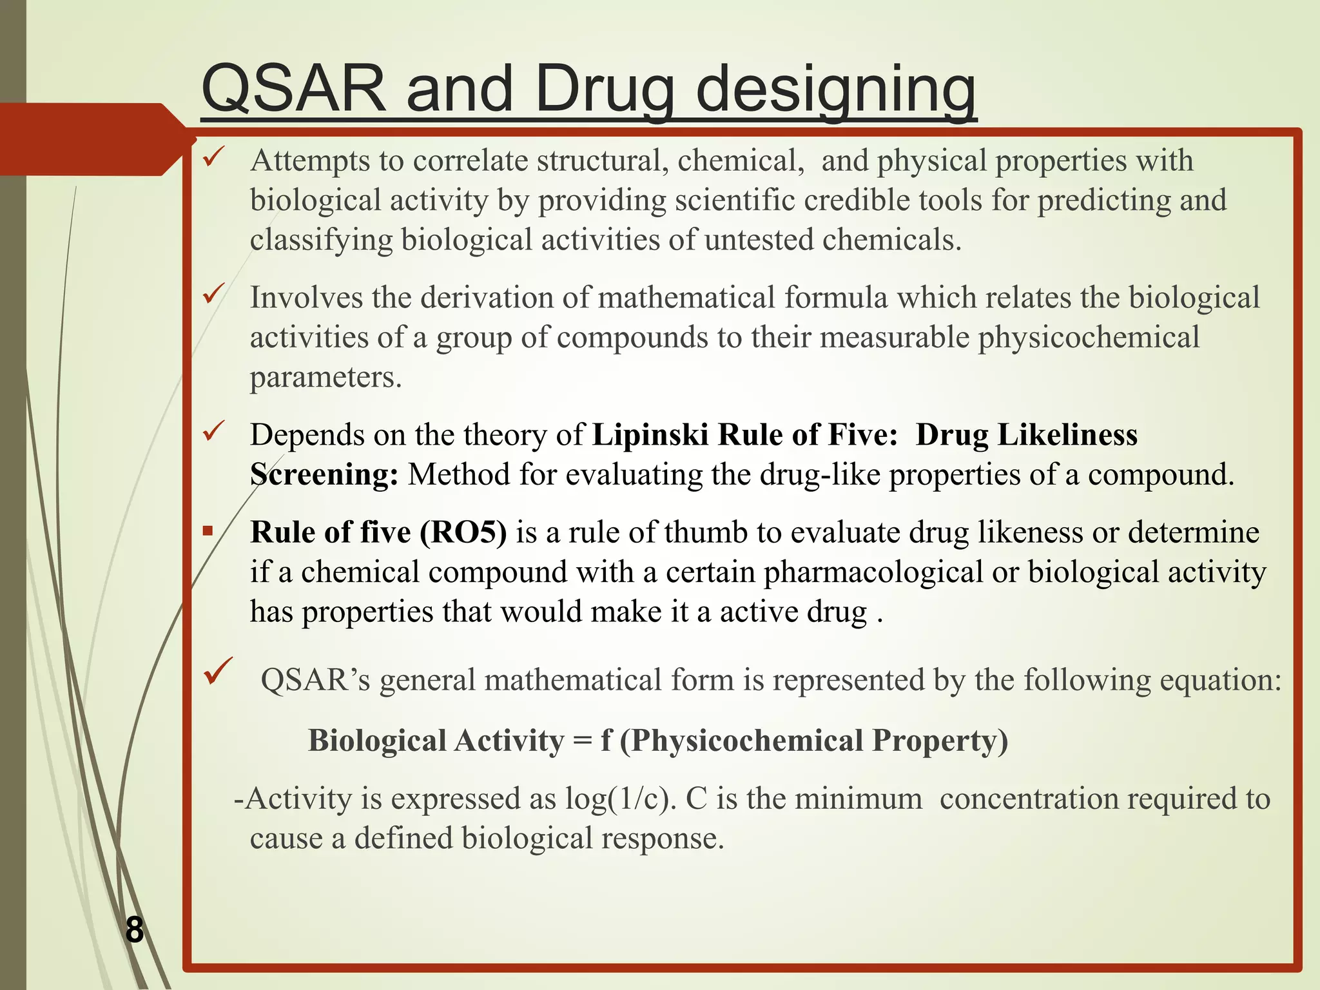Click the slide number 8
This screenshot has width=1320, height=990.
(134, 930)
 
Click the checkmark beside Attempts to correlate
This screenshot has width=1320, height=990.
(213, 157)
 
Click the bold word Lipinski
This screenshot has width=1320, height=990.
(650, 435)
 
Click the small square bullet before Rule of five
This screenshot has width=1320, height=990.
(208, 532)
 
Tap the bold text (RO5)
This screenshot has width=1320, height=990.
(463, 533)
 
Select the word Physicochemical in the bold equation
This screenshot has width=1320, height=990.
(748, 741)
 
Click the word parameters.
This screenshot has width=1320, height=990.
(325, 378)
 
